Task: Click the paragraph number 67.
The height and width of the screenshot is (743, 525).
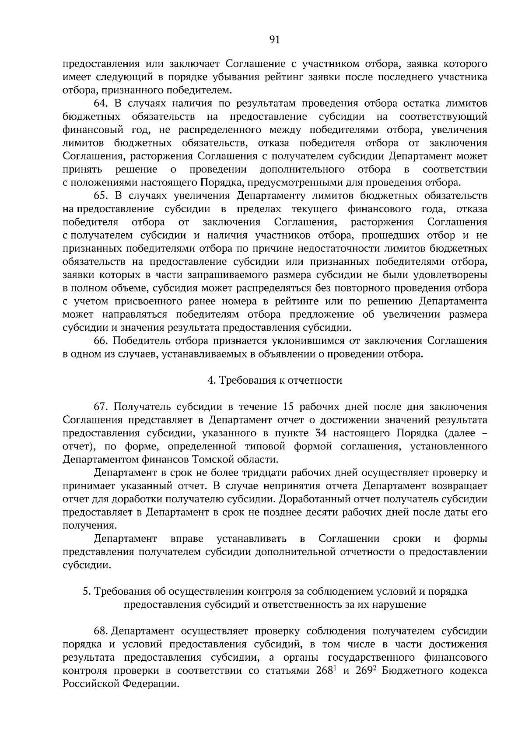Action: [101, 407]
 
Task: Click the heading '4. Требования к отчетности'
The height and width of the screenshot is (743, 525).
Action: [274, 380]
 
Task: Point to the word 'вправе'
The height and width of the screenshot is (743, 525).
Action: [187, 539]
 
